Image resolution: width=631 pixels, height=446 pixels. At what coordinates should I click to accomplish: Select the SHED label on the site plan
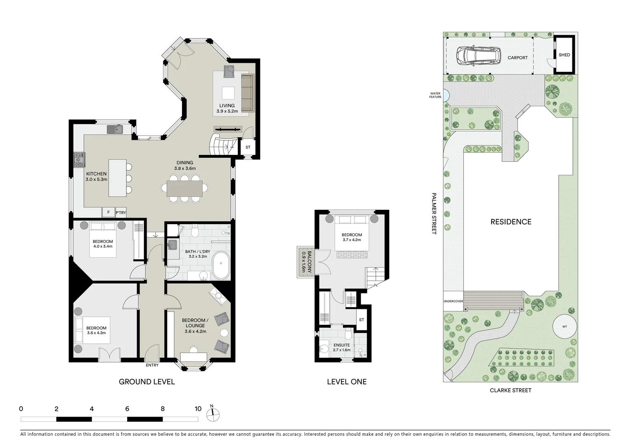point(564,55)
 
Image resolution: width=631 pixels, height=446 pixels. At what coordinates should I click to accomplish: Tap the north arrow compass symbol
point(213,414)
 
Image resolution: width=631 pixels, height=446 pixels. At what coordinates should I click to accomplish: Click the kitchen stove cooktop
point(78,159)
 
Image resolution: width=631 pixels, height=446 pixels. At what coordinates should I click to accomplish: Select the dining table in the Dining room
point(184,188)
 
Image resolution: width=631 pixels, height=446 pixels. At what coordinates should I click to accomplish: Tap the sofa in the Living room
point(247,93)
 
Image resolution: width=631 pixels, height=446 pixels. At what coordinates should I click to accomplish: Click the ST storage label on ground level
point(248,147)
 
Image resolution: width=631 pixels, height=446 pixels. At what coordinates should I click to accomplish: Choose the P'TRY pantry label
point(121,213)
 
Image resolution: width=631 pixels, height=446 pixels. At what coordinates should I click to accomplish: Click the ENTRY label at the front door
point(152,365)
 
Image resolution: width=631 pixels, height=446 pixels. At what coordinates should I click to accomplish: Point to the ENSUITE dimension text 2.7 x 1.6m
point(342,350)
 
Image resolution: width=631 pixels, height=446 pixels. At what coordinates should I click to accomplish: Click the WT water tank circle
point(564,327)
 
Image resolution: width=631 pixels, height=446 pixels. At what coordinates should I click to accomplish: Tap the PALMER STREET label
point(434,213)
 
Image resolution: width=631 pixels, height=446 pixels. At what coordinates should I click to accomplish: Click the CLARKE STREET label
point(510,390)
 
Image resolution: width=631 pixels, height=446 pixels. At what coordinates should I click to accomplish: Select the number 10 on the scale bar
point(198,409)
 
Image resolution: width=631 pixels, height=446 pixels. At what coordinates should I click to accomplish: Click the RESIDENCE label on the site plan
point(510,222)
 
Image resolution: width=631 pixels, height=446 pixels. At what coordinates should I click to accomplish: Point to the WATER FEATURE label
point(435,95)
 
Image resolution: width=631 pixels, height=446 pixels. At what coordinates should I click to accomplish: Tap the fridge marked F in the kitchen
point(109,212)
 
